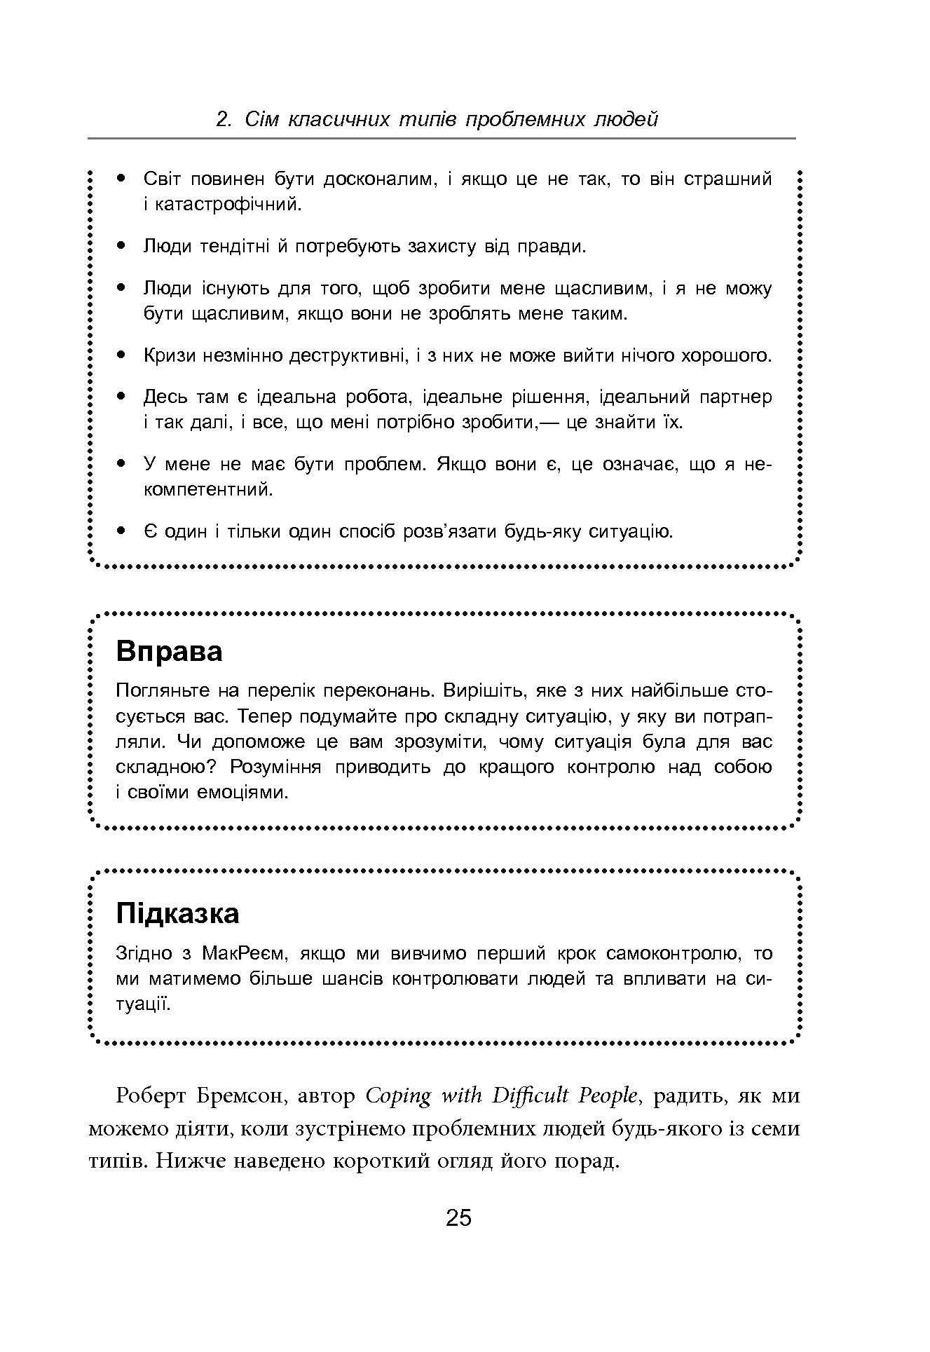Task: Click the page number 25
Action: pyautogui.click(x=459, y=1218)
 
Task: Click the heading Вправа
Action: pyautogui.click(x=169, y=651)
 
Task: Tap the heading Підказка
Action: pyautogui.click(x=177, y=913)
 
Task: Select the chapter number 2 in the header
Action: pyautogui.click(x=222, y=120)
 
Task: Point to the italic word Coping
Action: pyautogui.click(x=398, y=1096)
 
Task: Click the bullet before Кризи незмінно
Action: pyautogui.click(x=122, y=355)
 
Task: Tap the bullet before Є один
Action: pyautogui.click(x=122, y=531)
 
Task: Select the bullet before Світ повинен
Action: pyautogui.click(x=122, y=179)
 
